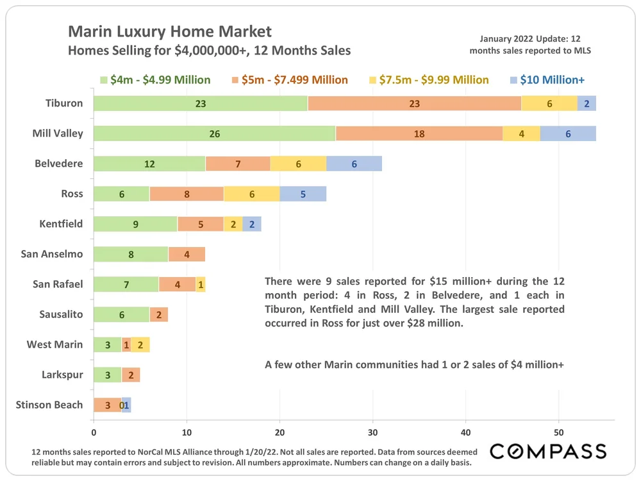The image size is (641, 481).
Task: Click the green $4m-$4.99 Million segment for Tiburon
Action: pos(200,103)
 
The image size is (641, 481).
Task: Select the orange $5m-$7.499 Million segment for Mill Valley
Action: pos(419,133)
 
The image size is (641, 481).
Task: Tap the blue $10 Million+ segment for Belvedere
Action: pos(354,164)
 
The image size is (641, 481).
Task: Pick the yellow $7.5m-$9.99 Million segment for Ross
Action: pos(251,194)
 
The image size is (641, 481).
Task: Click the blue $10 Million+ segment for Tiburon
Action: pos(587,103)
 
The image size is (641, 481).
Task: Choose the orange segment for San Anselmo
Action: pos(187,254)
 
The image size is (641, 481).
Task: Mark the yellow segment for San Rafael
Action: pos(201,284)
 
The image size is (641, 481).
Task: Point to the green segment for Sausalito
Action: pos(121,314)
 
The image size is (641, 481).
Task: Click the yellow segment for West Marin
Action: pos(140,344)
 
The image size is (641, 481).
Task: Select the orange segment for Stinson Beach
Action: pos(107,405)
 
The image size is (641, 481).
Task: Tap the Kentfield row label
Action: pos(61,224)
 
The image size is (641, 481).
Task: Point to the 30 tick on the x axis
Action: pos(372,432)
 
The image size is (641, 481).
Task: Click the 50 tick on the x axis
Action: pos(558,432)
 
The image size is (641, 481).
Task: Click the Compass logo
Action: pos(548,451)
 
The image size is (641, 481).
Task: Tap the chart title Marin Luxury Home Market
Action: pos(170,31)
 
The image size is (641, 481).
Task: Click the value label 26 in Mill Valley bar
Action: pos(214,133)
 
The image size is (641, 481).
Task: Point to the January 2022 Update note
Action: pos(529,44)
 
